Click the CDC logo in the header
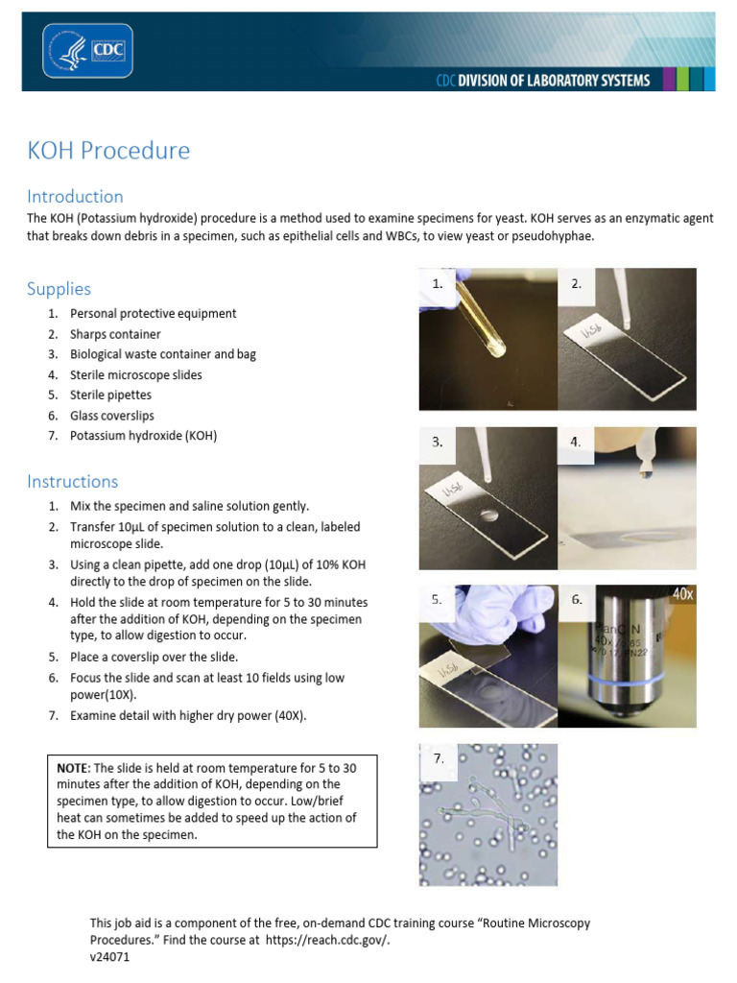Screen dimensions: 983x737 point(87,50)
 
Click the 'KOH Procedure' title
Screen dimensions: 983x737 point(108,151)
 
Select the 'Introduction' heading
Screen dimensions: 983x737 point(75,197)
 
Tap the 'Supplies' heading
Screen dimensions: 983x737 point(59,289)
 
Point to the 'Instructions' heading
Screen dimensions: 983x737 point(73,482)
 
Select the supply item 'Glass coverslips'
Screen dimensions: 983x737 point(111,416)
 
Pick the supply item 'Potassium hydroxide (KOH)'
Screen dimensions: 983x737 point(143,436)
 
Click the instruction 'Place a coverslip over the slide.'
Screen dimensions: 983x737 point(154,658)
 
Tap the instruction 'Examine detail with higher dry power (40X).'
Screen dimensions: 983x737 point(188,716)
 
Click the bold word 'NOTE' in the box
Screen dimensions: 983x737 point(72,769)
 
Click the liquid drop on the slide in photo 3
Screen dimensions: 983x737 point(490,515)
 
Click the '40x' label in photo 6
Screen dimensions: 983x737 point(682,595)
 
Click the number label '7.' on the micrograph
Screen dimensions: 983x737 point(439,758)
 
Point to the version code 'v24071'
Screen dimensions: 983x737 point(109,958)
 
